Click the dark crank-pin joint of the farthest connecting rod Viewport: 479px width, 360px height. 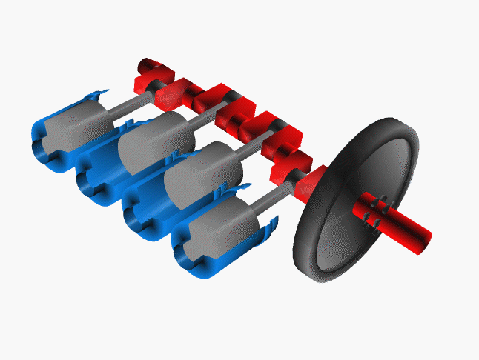point(159,87)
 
